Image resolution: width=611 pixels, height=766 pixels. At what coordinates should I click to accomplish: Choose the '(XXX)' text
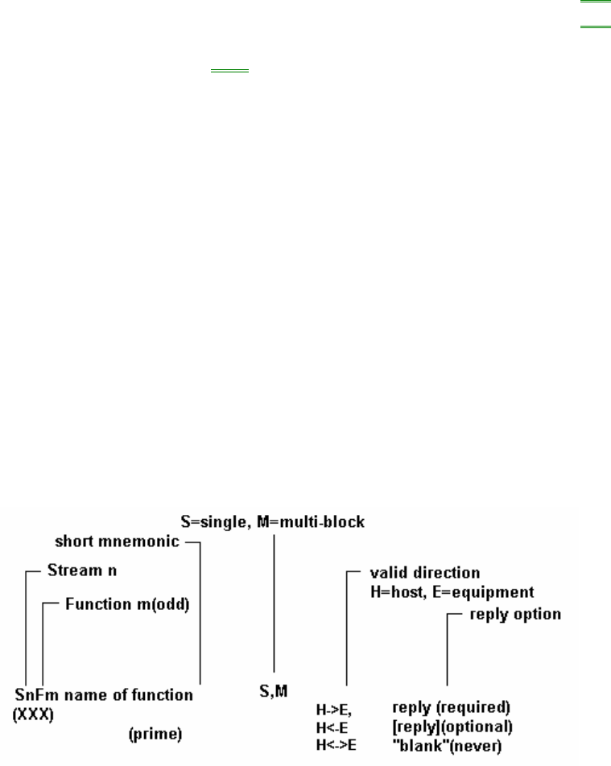click(x=33, y=712)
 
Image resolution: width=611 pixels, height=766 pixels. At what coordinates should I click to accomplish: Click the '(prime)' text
click(x=155, y=734)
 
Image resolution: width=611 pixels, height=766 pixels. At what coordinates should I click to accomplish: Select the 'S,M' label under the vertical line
click(x=274, y=690)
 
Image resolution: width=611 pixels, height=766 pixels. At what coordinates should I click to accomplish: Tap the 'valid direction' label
click(x=413, y=573)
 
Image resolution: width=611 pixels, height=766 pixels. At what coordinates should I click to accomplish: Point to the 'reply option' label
click(x=516, y=615)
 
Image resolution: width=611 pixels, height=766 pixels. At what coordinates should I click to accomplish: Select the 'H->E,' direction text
click(x=334, y=710)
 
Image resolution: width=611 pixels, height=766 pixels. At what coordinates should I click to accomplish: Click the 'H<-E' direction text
click(x=332, y=726)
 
